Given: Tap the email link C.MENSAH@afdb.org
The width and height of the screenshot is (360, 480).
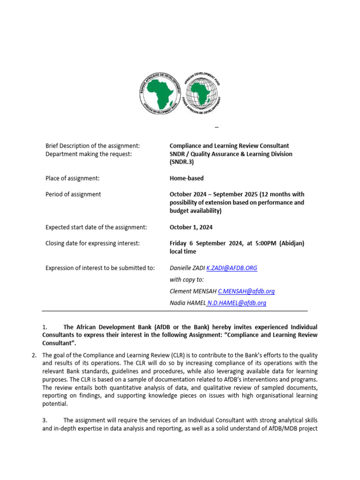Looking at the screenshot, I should [x=246, y=291].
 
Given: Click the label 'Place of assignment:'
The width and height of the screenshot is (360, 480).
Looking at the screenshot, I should [x=72, y=178].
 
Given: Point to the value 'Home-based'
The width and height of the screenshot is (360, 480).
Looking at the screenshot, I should [x=187, y=178].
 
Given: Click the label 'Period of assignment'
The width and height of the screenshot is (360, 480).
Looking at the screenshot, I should [x=73, y=194].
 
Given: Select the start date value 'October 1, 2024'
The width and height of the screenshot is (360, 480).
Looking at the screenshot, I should [x=191, y=227].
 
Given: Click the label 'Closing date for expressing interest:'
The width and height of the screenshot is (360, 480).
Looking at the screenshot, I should [x=92, y=243].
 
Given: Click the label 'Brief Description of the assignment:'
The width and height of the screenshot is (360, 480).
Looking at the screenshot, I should [x=92, y=146].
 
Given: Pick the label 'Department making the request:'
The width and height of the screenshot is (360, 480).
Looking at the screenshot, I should [x=89, y=154].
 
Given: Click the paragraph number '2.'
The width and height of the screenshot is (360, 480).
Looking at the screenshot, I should [x=35, y=355].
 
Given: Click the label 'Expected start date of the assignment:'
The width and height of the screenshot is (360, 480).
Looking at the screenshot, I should [x=96, y=227].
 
